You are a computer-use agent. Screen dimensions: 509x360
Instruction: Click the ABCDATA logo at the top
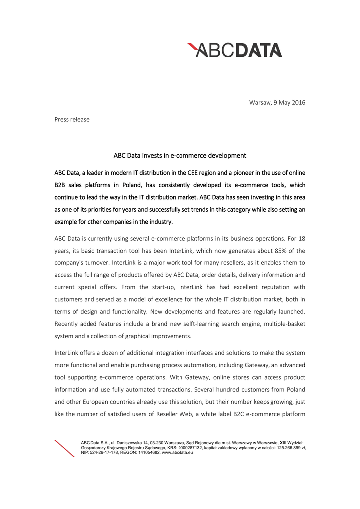point(235,50)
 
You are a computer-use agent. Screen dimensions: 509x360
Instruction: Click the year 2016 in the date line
point(298,103)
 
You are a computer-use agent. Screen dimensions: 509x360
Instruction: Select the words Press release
point(72,119)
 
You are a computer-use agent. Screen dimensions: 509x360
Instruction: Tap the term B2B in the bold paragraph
point(61,185)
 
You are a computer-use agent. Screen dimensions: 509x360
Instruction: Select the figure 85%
point(262,250)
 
